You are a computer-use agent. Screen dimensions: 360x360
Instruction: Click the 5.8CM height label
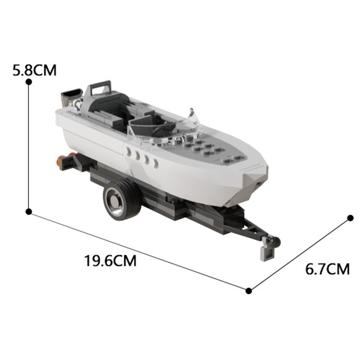(35, 70)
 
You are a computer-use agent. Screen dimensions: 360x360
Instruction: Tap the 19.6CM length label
(110, 260)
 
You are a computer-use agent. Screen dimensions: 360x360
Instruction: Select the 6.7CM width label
(327, 269)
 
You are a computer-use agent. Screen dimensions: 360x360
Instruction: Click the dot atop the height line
(29, 81)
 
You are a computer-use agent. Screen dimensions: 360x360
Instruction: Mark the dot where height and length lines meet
(29, 211)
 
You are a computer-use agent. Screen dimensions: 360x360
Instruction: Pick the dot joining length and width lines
(249, 291)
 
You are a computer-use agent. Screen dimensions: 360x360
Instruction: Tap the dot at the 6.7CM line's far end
(351, 218)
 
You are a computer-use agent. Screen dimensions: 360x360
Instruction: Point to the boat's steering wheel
(160, 130)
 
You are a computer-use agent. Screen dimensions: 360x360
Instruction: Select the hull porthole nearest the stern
(129, 152)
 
